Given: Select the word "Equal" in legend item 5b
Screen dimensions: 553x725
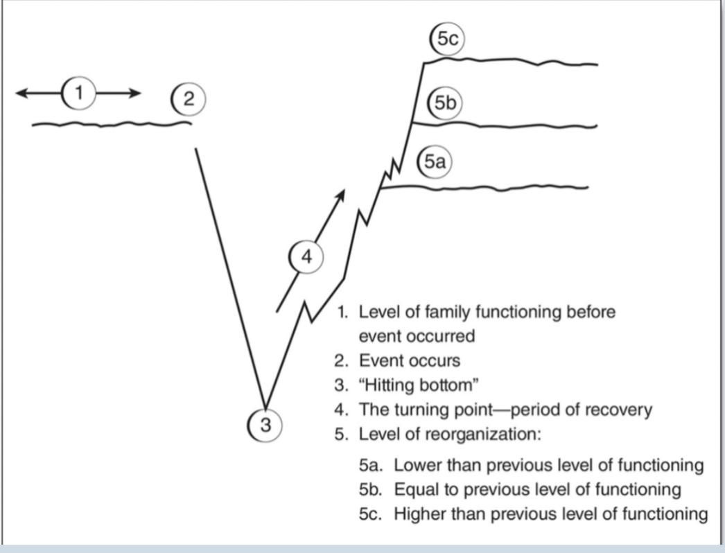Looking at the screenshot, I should (414, 489).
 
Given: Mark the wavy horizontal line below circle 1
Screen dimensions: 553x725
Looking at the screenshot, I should (111, 125).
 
